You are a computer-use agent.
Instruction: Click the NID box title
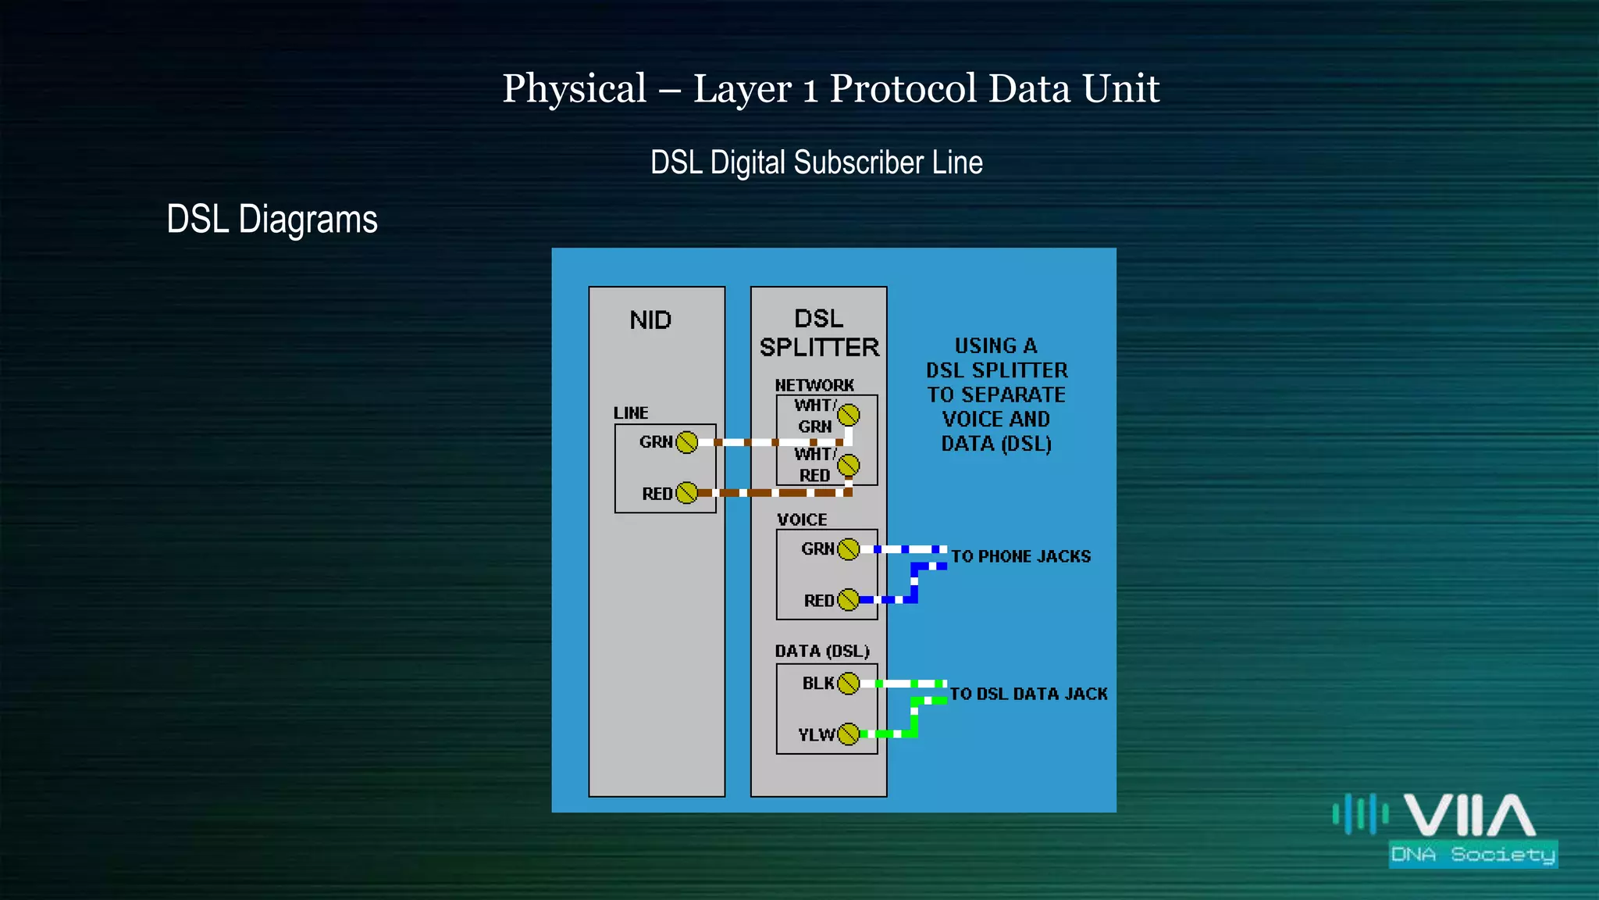(650, 320)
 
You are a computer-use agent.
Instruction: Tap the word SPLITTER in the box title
(819, 348)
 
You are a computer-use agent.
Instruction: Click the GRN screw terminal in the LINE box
(687, 442)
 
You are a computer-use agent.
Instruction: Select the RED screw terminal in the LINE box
(687, 493)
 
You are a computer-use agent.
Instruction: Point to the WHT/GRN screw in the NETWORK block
(849, 415)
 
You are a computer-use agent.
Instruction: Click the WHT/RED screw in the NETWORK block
(849, 466)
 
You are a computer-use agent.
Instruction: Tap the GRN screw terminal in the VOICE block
(848, 549)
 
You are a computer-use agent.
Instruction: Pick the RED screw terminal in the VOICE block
(848, 600)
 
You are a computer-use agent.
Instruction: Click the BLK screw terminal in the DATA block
(848, 684)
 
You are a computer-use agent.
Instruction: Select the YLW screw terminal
(848, 734)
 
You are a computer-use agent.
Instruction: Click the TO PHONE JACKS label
(1020, 556)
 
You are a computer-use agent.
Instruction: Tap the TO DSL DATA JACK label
(1028, 694)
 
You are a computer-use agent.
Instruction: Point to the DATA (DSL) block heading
(822, 652)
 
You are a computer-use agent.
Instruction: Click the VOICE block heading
(802, 520)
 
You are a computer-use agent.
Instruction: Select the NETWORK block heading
(814, 385)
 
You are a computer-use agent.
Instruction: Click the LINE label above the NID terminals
(631, 412)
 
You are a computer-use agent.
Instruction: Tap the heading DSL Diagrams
(272, 220)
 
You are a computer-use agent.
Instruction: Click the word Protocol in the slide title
(903, 88)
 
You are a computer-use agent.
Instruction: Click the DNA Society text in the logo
(1473, 855)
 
